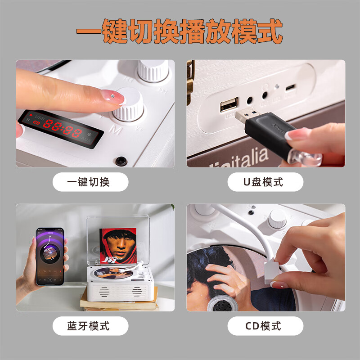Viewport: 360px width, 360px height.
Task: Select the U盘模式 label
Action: click(263, 182)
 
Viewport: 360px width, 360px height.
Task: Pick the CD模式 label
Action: click(263, 325)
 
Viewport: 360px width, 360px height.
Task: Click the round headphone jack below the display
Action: click(121, 160)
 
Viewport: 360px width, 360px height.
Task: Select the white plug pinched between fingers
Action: click(275, 272)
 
